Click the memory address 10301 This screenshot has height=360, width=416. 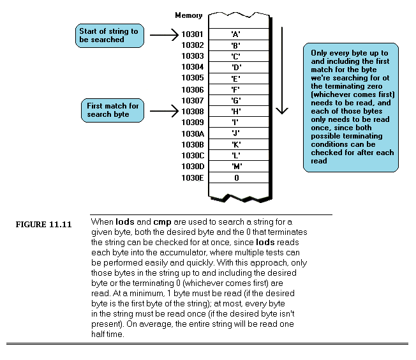tap(192, 34)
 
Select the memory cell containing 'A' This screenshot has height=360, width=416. tap(236, 34)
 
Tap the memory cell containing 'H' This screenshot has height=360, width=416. tap(236, 111)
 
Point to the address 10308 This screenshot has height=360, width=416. tap(192, 111)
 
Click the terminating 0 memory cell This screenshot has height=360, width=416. tap(236, 177)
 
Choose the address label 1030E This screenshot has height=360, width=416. tap(192, 177)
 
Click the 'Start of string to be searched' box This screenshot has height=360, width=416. tap(109, 35)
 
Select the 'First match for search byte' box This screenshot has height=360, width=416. tap(113, 110)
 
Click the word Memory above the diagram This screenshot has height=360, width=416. tap(188, 15)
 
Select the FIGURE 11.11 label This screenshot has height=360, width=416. tap(44, 224)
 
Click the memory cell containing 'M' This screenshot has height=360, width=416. tap(236, 166)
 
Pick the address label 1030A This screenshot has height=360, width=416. tap(192, 133)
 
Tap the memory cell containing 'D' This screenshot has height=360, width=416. tap(236, 67)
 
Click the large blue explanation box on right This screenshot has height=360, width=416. tap(351, 107)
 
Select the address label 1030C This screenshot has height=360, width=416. tap(192, 155)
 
